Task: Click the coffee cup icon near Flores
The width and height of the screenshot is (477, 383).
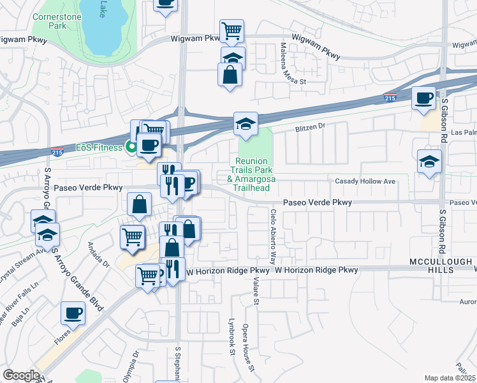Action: (x=72, y=313)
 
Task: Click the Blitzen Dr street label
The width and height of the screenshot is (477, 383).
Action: (x=309, y=127)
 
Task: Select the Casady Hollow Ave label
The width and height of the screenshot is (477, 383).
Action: (x=365, y=181)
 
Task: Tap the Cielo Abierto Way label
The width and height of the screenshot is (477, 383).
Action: (x=274, y=236)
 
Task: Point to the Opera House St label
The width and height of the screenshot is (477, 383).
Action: (x=249, y=348)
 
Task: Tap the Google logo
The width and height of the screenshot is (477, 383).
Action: (x=21, y=375)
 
